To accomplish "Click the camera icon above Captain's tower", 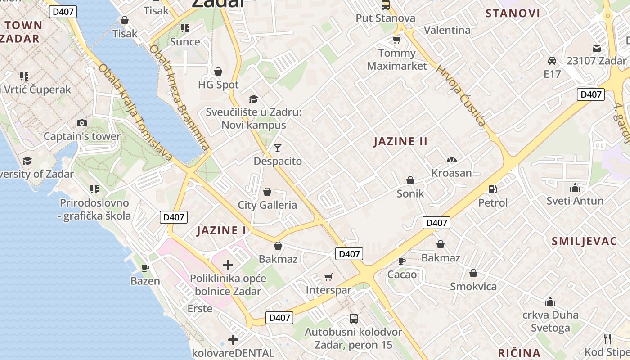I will tap(82, 123).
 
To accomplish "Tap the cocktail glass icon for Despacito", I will tap(278, 148).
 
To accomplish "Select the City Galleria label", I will tap(267, 205).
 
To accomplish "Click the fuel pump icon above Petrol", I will tap(493, 189).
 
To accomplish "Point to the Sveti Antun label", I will tap(575, 201).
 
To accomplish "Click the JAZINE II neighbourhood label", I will tap(400, 141).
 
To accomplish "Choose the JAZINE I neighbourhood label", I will tap(222, 231).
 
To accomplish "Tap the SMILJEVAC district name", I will tap(584, 241).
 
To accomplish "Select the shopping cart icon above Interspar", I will tap(328, 277).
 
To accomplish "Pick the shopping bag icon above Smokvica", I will tap(473, 273).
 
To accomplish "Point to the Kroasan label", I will tap(451, 173).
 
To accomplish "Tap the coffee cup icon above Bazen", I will tap(145, 268).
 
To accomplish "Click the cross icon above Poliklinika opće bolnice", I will tap(228, 265).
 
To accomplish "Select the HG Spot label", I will tap(218, 85).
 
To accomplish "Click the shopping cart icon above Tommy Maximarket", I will tap(396, 40).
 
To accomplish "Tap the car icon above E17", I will tap(552, 61).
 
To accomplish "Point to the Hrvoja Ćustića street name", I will tap(460, 96).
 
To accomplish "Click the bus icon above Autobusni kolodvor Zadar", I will tap(354, 319).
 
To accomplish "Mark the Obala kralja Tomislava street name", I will tap(135, 112).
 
